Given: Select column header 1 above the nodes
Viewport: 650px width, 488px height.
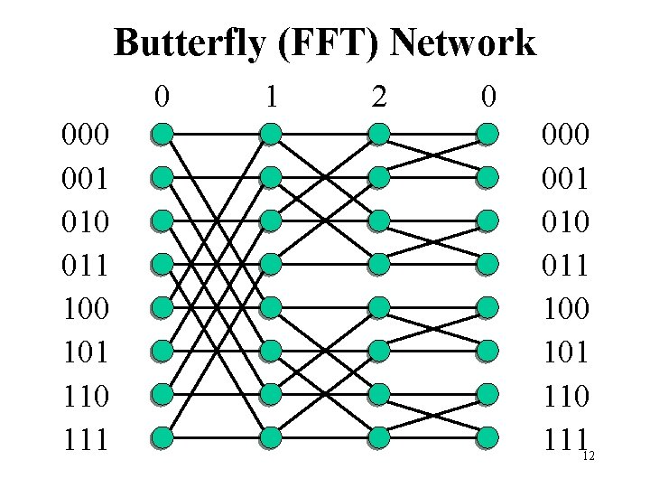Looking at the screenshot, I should (x=270, y=95).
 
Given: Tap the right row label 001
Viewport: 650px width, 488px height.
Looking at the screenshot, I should (x=565, y=179).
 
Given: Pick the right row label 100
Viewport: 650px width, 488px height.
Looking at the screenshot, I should (x=565, y=309).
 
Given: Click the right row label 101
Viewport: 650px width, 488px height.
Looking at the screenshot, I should (x=565, y=352).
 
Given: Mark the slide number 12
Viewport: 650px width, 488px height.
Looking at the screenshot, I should (x=588, y=456).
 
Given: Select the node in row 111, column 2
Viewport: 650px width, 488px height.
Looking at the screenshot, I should (x=379, y=438).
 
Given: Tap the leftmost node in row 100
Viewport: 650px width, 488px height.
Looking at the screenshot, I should (x=162, y=308).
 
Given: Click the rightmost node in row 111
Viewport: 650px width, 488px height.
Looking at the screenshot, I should (x=487, y=438).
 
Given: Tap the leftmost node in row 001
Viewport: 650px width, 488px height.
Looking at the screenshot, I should (x=162, y=178).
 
